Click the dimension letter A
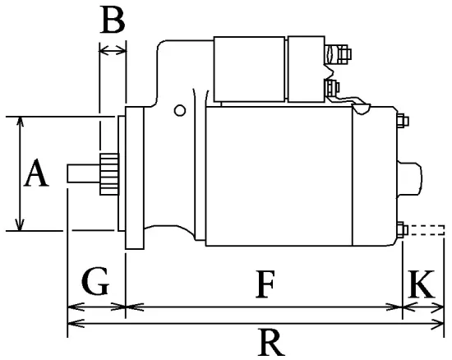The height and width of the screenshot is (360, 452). [35, 174]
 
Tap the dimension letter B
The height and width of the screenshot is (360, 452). [112, 20]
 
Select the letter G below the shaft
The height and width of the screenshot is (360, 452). [95, 283]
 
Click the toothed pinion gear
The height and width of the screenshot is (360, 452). [107, 174]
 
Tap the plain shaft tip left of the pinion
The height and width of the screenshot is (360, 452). [82, 174]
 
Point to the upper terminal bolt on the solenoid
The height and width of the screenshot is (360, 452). [335, 56]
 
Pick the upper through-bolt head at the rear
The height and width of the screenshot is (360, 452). [403, 121]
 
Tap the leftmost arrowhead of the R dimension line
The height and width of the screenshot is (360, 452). [70, 326]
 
